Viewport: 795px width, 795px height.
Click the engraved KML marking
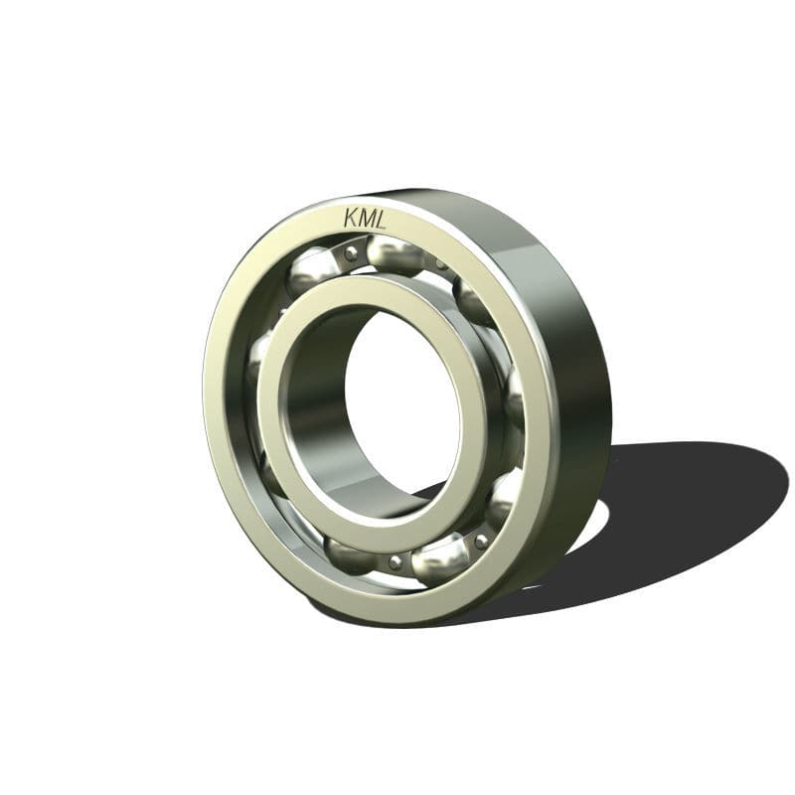365,218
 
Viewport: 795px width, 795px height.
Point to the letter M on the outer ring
366,218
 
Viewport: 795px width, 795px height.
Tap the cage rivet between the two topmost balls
350,255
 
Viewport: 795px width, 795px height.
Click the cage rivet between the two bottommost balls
396,561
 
